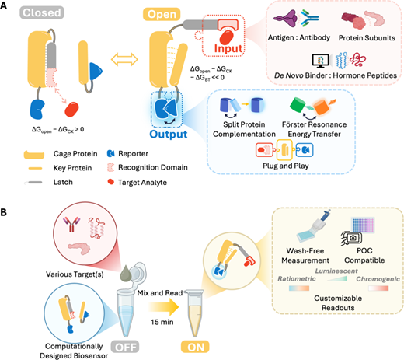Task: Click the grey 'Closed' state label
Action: [42, 12]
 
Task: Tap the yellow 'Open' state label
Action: [162, 14]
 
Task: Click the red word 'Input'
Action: [228, 48]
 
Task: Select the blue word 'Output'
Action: [169, 134]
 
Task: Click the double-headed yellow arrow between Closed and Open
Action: [124, 59]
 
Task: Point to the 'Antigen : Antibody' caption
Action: [299, 37]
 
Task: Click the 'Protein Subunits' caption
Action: [367, 38]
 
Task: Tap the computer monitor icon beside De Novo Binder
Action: [320, 61]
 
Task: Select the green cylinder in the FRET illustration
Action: [298, 105]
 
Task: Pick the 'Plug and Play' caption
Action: [286, 166]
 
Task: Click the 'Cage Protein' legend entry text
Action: [75, 154]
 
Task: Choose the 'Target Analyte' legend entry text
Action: [142, 183]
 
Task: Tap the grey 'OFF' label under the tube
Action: [126, 347]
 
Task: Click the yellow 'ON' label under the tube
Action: [196, 347]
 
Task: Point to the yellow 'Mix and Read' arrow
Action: [163, 307]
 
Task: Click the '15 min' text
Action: [162, 322]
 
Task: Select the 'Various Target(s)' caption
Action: [75, 274]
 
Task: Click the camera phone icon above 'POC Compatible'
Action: [351, 238]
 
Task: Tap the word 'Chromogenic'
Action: [378, 279]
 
